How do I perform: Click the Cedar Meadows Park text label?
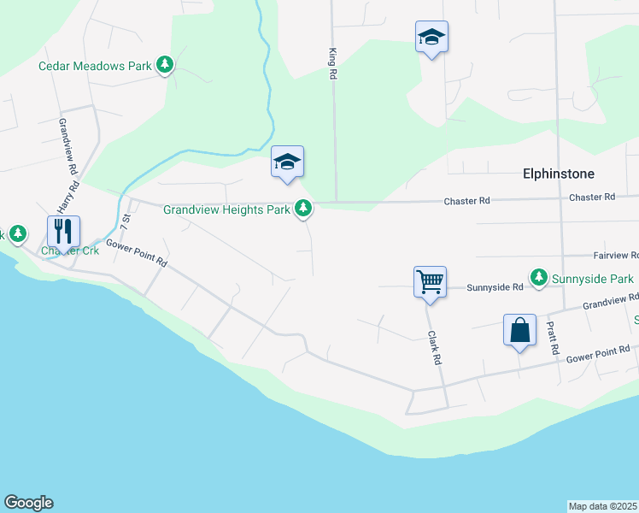click(x=95, y=65)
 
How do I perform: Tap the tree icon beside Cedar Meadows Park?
click(x=165, y=65)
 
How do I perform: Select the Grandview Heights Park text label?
click(x=226, y=209)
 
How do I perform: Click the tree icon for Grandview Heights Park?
click(x=302, y=208)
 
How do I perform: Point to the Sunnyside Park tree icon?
click(x=538, y=277)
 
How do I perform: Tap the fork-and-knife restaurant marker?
click(x=63, y=232)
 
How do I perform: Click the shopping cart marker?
click(x=430, y=281)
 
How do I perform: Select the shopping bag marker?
click(x=519, y=331)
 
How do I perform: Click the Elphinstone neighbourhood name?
click(x=558, y=174)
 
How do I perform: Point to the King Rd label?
click(x=332, y=64)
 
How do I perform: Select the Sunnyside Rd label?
click(x=495, y=288)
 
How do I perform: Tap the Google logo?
click(x=28, y=503)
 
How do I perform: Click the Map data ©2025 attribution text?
click(x=603, y=506)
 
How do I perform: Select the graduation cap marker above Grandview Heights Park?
click(x=287, y=161)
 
